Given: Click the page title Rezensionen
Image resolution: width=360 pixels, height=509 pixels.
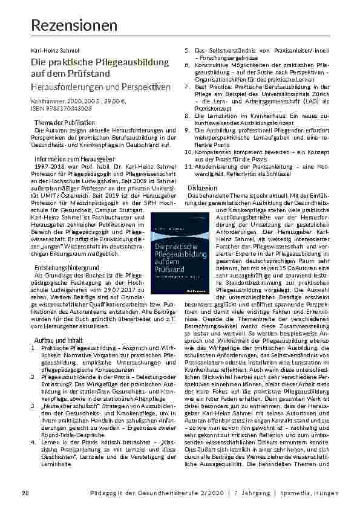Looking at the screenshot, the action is tap(74, 26).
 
